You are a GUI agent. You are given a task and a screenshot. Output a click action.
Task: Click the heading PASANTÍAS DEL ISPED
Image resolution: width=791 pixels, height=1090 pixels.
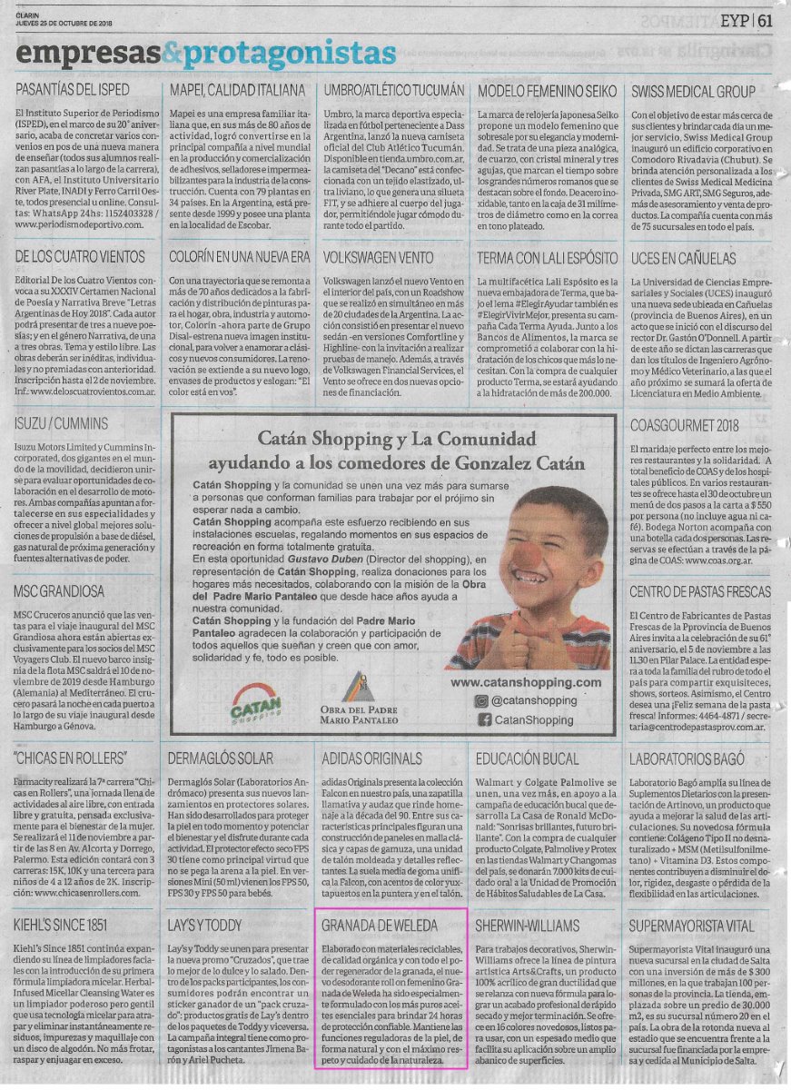[73, 91]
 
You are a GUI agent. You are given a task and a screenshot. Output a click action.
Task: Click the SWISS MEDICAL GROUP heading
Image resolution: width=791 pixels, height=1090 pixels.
[693, 91]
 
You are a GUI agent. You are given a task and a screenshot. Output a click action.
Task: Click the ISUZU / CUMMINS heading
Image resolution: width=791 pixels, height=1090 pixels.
[61, 423]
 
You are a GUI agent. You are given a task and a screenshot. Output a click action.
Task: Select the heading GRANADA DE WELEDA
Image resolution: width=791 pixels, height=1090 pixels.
[380, 926]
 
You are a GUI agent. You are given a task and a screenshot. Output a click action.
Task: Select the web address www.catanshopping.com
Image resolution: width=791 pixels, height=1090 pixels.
[526, 682]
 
